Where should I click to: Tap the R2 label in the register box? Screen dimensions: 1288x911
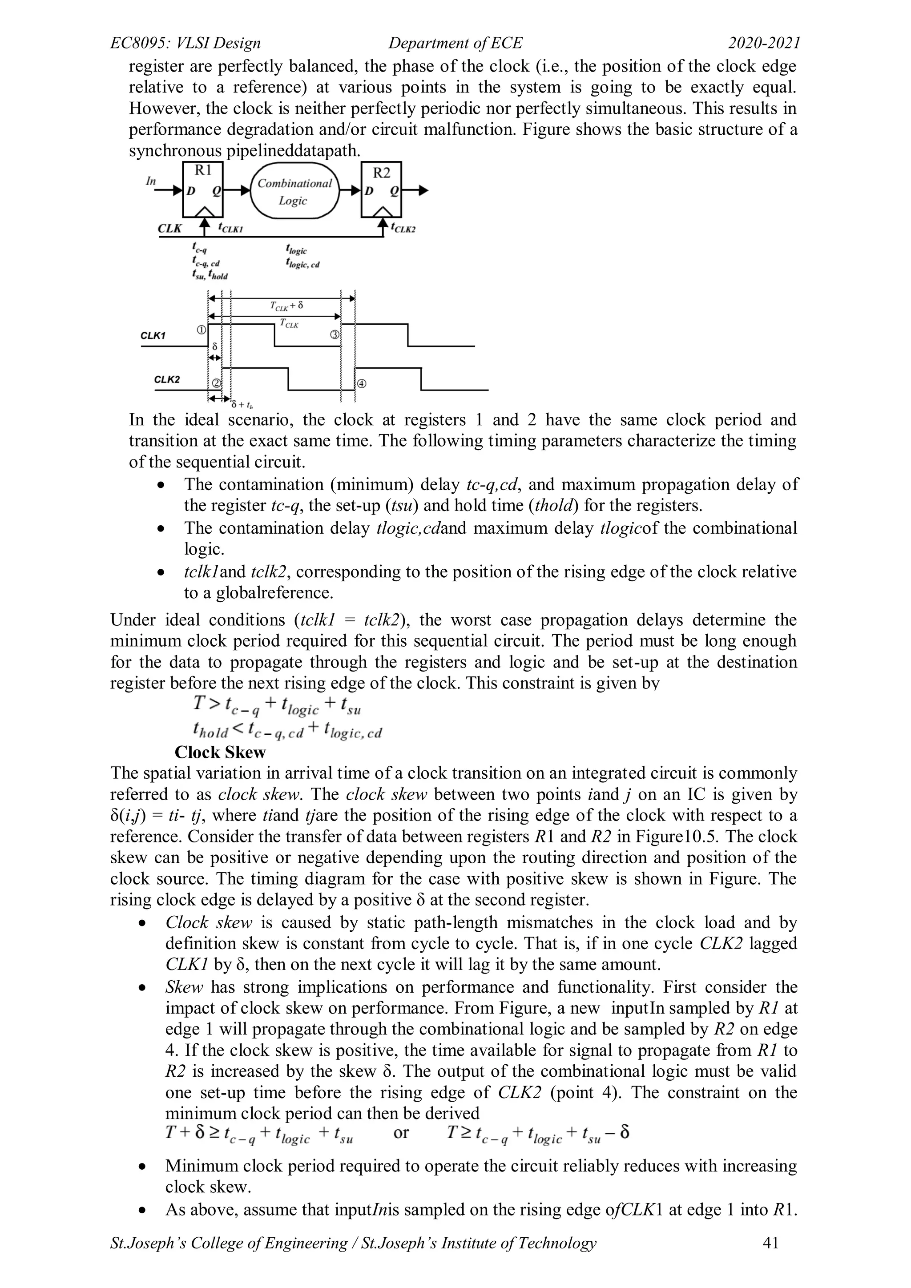pyautogui.click(x=382, y=173)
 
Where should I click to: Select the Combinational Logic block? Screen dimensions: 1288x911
pyautogui.click(x=294, y=191)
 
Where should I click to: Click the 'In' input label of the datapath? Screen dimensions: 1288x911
pyautogui.click(x=151, y=181)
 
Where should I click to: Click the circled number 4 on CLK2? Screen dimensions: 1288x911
pyautogui.click(x=361, y=384)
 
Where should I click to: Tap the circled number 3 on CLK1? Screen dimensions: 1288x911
pyautogui.click(x=335, y=335)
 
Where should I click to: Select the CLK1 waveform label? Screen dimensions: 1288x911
pyautogui.click(x=153, y=335)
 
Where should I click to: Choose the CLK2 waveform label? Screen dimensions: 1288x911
pyautogui.click(x=167, y=379)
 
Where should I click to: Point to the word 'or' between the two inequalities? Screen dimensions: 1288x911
pyautogui.click(x=401, y=1133)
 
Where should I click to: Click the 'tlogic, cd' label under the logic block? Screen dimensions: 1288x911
pyautogui.click(x=302, y=264)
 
